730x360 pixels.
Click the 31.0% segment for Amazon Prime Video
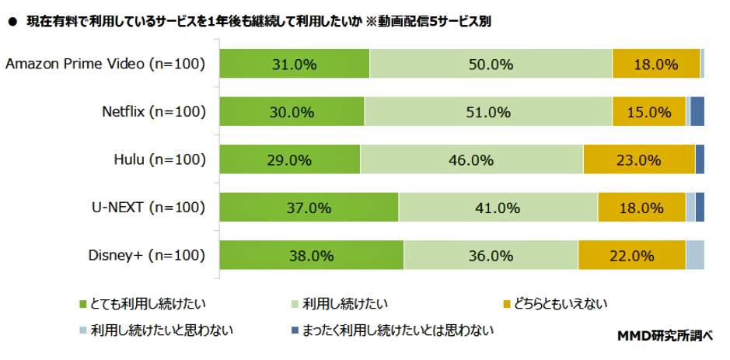click(x=294, y=64)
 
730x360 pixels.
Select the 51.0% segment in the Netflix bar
click(x=488, y=112)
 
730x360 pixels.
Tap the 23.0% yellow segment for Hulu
click(x=638, y=160)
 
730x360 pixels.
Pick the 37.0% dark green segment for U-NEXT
click(x=309, y=208)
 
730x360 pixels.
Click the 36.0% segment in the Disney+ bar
click(x=491, y=256)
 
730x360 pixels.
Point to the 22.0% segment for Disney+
click(x=631, y=256)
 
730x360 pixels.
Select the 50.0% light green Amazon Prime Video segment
click(x=491, y=64)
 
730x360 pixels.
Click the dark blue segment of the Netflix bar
click(x=697, y=112)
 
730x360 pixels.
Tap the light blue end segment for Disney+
click(x=695, y=256)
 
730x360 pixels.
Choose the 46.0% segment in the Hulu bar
click(x=471, y=160)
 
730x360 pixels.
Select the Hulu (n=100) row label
click(x=159, y=160)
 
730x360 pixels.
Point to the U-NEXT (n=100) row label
click(x=149, y=208)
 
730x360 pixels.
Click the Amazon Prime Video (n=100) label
click(x=105, y=64)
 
